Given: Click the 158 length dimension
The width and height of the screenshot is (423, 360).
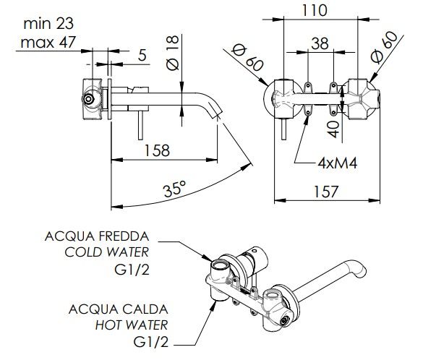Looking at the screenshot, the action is pyautogui.click(x=158, y=150).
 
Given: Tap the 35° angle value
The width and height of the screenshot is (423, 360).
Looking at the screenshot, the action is pyautogui.click(x=174, y=189).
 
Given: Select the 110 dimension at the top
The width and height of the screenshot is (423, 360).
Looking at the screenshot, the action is pyautogui.click(x=314, y=11).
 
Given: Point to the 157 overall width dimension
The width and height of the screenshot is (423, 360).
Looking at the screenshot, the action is pyautogui.click(x=326, y=192).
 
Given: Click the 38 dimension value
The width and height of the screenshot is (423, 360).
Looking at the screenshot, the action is pyautogui.click(x=320, y=43).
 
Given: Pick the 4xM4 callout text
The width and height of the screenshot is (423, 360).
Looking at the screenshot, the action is pyautogui.click(x=338, y=163).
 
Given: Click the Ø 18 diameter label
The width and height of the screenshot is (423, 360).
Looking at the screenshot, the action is pyautogui.click(x=172, y=53).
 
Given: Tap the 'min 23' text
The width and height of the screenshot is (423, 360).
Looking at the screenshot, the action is pyautogui.click(x=48, y=24).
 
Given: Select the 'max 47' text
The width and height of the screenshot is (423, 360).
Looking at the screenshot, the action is pyautogui.click(x=48, y=43).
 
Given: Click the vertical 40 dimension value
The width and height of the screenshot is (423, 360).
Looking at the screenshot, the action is pyautogui.click(x=334, y=129).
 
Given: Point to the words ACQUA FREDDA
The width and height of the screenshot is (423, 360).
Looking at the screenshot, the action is pyautogui.click(x=97, y=236).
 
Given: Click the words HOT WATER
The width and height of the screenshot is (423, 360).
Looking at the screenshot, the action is pyautogui.click(x=132, y=325).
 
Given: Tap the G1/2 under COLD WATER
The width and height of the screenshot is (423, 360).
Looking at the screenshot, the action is pyautogui.click(x=132, y=270).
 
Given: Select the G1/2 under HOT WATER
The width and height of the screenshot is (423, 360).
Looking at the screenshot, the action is pyautogui.click(x=151, y=342).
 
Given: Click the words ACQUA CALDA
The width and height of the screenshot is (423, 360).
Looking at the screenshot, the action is pyautogui.click(x=118, y=309).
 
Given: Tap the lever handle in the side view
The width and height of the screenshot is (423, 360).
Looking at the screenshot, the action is pyautogui.click(x=140, y=125).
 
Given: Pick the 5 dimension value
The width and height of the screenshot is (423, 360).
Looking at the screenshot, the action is pyautogui.click(x=142, y=55).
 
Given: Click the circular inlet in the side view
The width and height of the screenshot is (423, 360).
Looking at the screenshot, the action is pyautogui.click(x=88, y=99).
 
